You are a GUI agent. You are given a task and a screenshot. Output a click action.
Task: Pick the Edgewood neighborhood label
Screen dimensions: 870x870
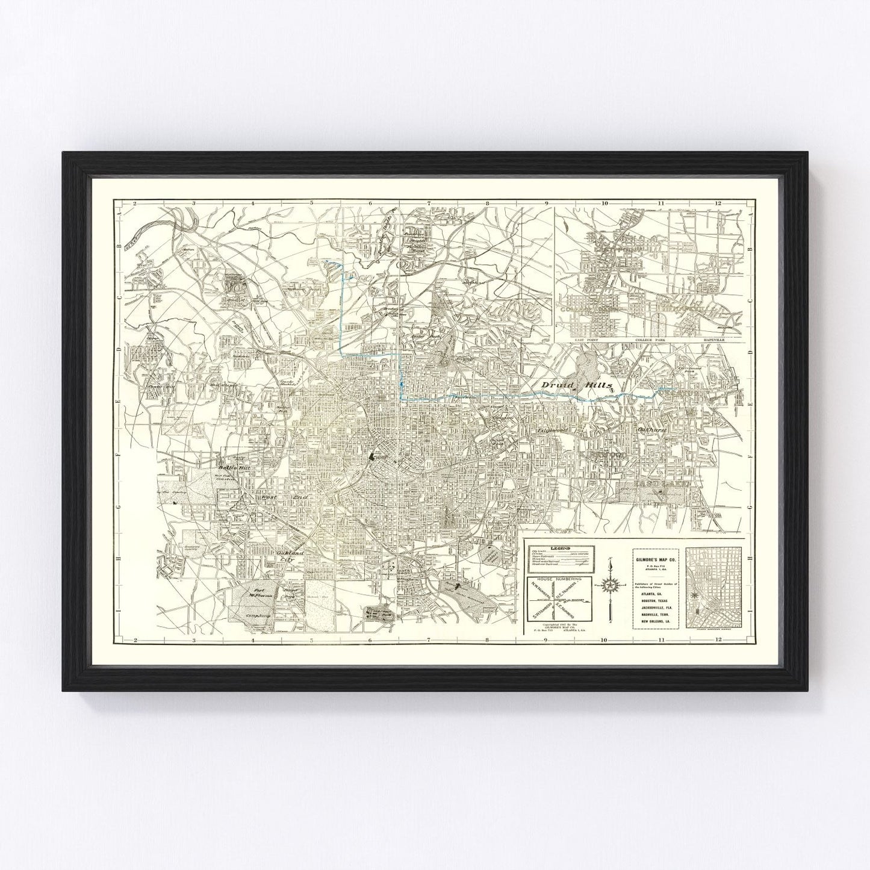coord(550,433)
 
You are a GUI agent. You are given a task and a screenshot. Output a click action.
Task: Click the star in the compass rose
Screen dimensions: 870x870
coord(611,585)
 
